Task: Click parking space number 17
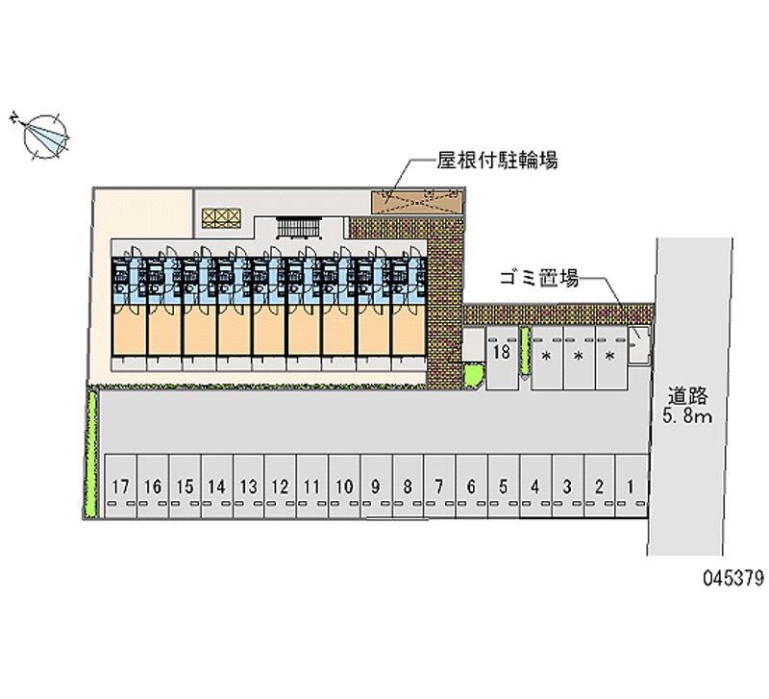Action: pyautogui.click(x=120, y=487)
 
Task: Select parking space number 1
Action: pyautogui.click(x=631, y=487)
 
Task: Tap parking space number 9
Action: pyautogui.click(x=376, y=487)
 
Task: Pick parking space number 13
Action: pyautogui.click(x=248, y=487)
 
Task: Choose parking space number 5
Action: pyautogui.click(x=504, y=487)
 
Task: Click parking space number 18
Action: pyautogui.click(x=501, y=354)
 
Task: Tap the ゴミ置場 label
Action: pyautogui.click(x=538, y=279)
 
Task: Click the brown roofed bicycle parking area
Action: pyautogui.click(x=417, y=200)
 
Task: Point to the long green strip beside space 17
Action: pyautogui.click(x=92, y=452)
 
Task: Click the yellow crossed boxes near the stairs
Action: pyautogui.click(x=220, y=217)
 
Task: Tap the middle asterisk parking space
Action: pyautogui.click(x=578, y=357)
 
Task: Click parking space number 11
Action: pyautogui.click(x=311, y=487)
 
